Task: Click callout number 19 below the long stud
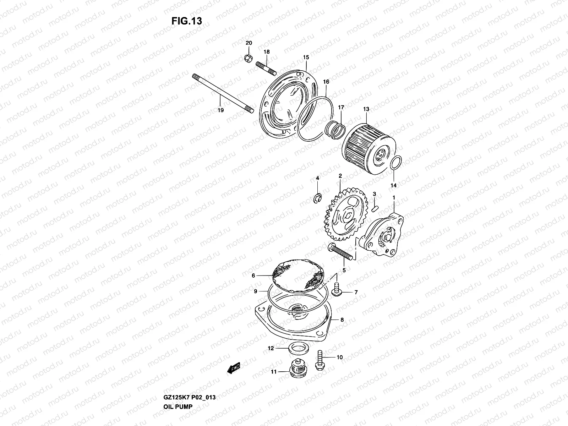[x=220, y=110]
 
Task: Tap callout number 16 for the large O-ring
[x=326, y=82]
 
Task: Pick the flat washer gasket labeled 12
[x=295, y=348]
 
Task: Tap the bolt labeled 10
[x=319, y=360]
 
